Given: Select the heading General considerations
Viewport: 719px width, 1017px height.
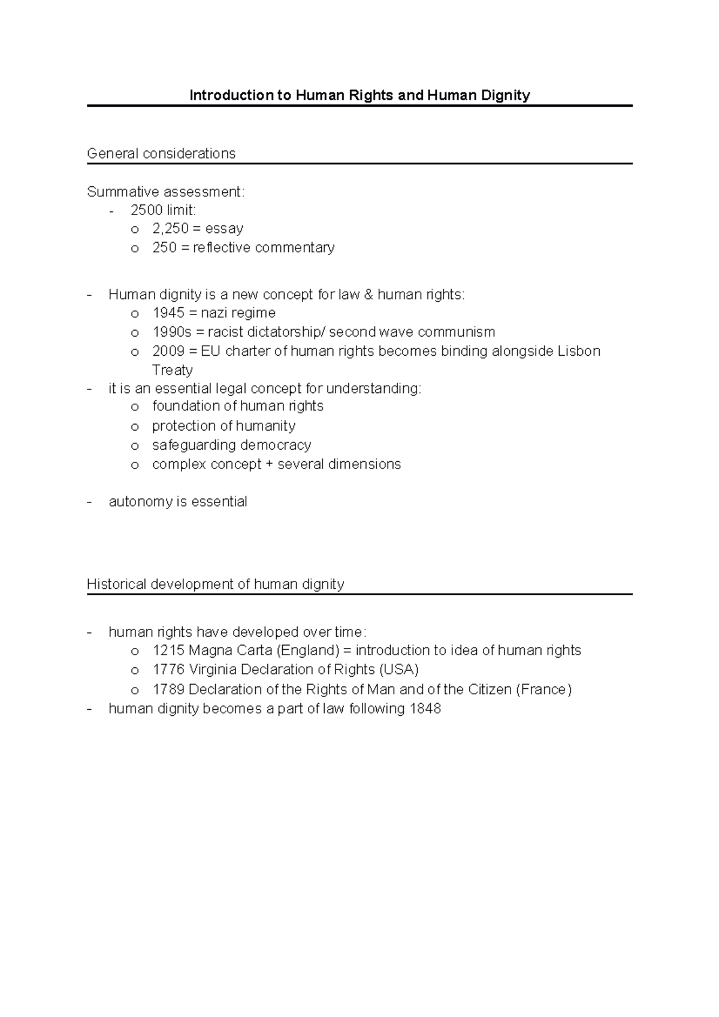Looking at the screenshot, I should point(161,154).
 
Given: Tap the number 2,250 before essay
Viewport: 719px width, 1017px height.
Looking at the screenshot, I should point(171,228).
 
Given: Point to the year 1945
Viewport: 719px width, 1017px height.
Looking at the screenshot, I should point(168,313).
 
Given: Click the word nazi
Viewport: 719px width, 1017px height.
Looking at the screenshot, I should point(216,313).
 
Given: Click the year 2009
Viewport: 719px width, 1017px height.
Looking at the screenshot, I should point(168,351).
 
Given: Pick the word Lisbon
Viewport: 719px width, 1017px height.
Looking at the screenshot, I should point(579,351).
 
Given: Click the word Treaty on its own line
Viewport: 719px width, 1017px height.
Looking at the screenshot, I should point(173,370).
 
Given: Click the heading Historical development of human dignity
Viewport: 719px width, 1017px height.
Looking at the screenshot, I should point(216,584).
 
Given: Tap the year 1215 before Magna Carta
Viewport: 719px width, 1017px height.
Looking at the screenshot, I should point(168,650).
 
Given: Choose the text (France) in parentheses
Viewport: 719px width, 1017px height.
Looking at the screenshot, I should point(543,689).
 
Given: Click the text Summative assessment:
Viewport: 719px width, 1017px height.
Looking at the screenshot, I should point(166,192).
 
